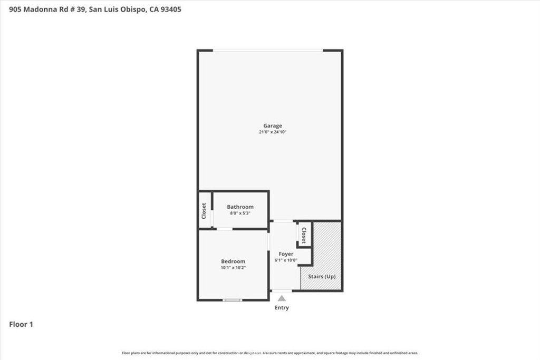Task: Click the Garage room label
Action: [273, 125]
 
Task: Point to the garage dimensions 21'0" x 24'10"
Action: [273, 132]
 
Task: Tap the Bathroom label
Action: [240, 207]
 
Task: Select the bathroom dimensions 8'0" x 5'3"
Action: [240, 213]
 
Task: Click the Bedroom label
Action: [233, 261]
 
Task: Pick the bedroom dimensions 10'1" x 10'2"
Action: [233, 268]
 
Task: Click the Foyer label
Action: [286, 254]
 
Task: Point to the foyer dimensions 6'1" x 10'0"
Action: [286, 260]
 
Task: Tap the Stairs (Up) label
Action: [322, 276]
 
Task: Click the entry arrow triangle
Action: [282, 298]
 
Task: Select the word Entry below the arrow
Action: [282, 308]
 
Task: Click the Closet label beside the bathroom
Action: [204, 211]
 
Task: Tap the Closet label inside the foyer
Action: [304, 235]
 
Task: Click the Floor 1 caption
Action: [21, 325]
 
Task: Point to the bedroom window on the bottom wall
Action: [232, 300]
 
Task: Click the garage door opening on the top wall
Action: [268, 51]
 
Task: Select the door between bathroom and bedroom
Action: [225, 229]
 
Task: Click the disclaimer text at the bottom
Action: [270, 353]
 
